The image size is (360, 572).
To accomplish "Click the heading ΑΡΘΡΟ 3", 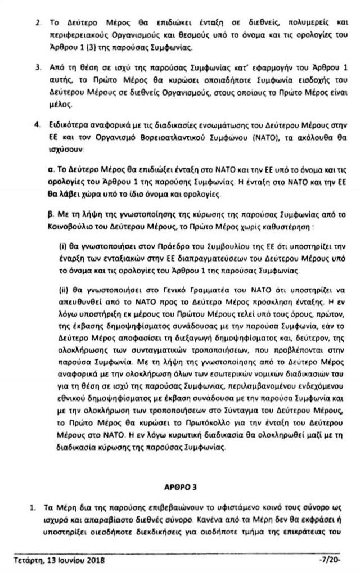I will (178, 484).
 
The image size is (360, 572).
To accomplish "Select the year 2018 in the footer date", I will (93, 561).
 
